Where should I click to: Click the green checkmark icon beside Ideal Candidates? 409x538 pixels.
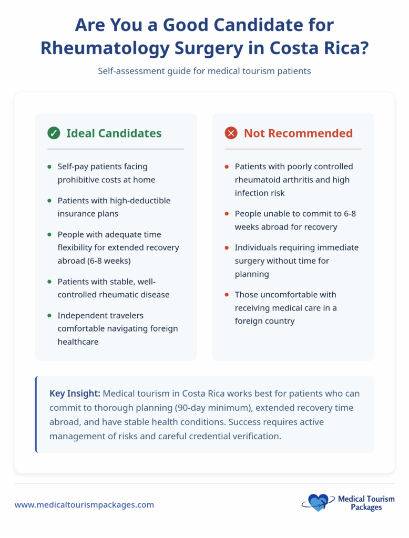pos(54,133)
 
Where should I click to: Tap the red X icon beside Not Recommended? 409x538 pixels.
pos(231,133)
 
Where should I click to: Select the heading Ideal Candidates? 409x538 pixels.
pos(114,133)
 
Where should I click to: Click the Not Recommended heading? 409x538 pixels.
pos(298,133)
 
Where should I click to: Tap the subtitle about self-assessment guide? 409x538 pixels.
pos(204,71)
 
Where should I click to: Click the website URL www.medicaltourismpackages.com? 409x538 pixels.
pos(84,504)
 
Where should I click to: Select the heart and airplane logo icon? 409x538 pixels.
pos(316,503)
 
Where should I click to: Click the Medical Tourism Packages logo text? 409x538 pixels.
pos(366,503)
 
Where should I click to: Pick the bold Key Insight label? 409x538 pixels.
pos(75,394)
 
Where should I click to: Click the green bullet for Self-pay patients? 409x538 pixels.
pos(49,167)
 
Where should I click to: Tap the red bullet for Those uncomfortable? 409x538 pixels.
pos(227,295)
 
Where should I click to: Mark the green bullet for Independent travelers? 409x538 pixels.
pos(49,316)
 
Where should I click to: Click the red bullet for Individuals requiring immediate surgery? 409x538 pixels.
pos(227,248)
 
